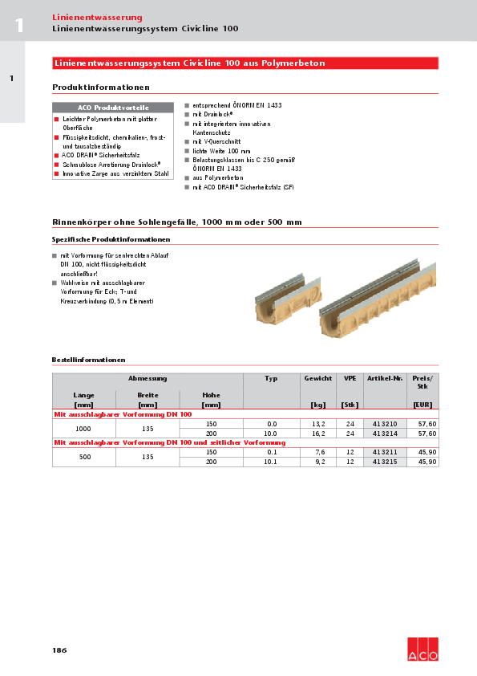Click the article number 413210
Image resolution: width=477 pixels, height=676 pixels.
[385, 423]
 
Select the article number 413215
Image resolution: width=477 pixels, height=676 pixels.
[385, 462]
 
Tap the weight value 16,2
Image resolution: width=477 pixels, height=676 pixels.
[318, 434]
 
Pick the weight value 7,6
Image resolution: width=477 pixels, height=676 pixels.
[318, 452]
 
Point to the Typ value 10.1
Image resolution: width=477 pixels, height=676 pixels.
[271, 462]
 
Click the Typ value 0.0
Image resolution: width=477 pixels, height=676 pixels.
[271, 423]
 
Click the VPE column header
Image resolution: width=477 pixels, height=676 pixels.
[350, 377]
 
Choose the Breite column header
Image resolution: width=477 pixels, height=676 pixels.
[147, 395]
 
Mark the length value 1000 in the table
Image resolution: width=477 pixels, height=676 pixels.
[83, 429]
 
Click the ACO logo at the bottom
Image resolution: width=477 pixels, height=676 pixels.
[422, 650]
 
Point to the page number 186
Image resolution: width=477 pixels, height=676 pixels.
[59, 650]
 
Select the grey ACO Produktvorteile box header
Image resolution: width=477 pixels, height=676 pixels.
[112, 107]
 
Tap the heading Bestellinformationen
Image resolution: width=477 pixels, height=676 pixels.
[88, 360]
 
